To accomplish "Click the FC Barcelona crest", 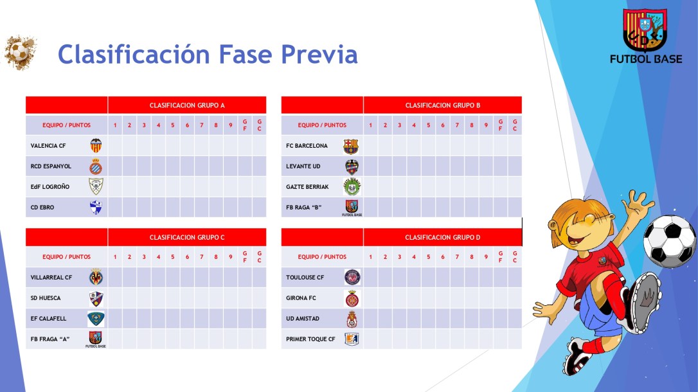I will (x=351, y=146).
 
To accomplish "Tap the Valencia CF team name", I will (x=48, y=146).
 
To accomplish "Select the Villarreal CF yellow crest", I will (x=96, y=278).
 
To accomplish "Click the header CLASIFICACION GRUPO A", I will (x=187, y=105).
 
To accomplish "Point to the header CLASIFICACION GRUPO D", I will (x=442, y=237).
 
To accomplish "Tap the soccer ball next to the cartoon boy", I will (x=669, y=241).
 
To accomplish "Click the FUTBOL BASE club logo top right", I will (x=645, y=36).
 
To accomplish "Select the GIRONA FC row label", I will (x=301, y=298).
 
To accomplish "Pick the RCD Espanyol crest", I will (x=96, y=166).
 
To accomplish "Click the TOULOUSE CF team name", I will (x=305, y=278).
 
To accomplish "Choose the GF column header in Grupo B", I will (x=501, y=125).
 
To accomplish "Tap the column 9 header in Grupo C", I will (x=230, y=257).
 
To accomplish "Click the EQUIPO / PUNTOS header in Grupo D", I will (x=322, y=257).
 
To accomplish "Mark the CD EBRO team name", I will (x=42, y=208).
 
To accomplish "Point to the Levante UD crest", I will (x=351, y=166).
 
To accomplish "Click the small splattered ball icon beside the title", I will (x=20, y=53).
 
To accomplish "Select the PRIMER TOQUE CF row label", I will (x=310, y=339).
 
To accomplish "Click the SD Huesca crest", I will (x=96, y=298).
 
